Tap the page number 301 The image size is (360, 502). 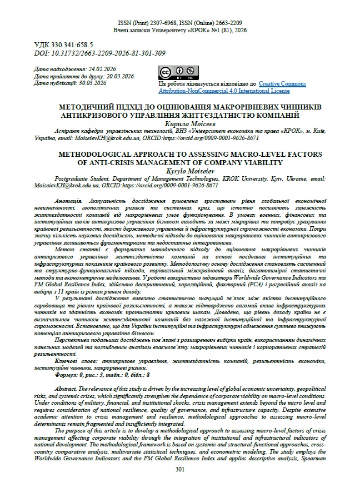point(179,485)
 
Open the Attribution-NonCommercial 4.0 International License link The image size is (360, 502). point(224,91)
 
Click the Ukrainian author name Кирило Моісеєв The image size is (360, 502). point(179,123)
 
